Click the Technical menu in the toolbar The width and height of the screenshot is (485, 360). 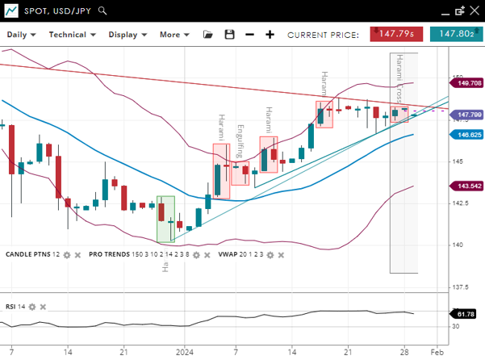(72, 35)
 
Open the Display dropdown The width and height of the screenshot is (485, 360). (128, 35)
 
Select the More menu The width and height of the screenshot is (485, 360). (174, 35)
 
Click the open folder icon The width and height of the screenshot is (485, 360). (208, 35)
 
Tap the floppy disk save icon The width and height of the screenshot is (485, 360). (229, 35)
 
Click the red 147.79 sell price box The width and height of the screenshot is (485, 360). (396, 34)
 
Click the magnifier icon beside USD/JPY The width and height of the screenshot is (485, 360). (102, 11)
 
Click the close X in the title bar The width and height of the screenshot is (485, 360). (475, 10)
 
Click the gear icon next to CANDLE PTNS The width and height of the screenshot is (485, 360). (67, 255)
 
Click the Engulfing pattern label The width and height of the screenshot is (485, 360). (240, 141)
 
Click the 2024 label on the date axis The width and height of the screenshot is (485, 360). (186, 352)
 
